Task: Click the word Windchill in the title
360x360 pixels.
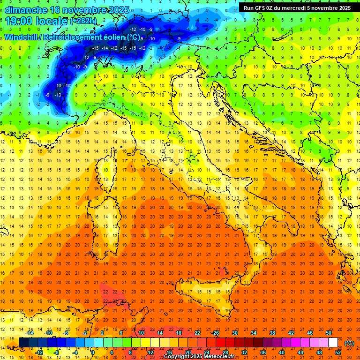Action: pyautogui.click(x=21, y=37)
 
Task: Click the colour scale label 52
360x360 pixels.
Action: pyautogui.click(x=338, y=352)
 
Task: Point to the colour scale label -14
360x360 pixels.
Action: pyautogui.click(x=30, y=333)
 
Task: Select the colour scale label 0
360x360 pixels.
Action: pyautogui.click(x=92, y=352)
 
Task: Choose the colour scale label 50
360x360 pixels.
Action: pyautogui.click(x=328, y=333)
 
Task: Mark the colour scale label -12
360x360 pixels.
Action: pyautogui.click(x=39, y=352)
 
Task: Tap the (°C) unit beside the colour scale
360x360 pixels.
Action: pyautogui.click(x=349, y=343)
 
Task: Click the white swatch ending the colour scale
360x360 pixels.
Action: pyautogui.click(x=333, y=343)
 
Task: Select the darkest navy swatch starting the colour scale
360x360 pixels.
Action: pyautogui.click(x=24, y=343)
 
